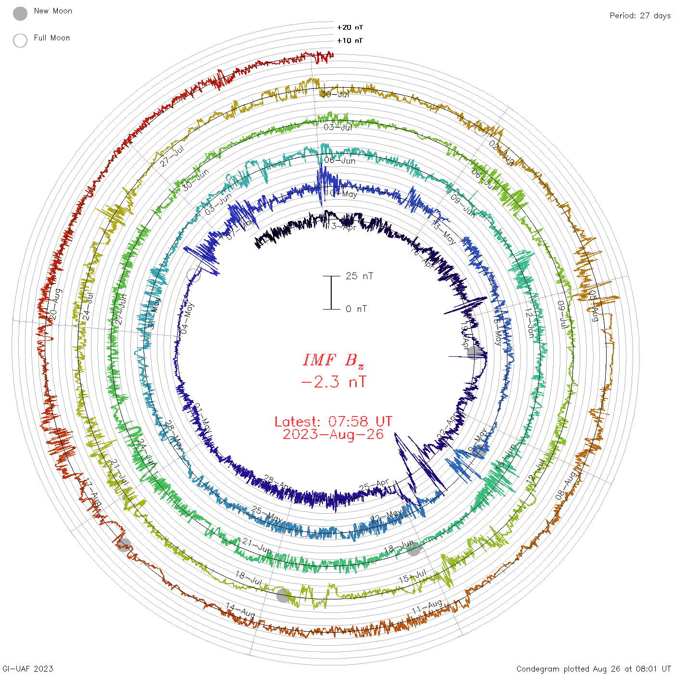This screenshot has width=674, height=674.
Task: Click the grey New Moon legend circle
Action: [x=20, y=13]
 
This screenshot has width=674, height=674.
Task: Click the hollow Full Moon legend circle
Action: [x=20, y=40]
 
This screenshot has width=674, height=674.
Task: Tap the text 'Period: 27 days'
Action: [x=640, y=15]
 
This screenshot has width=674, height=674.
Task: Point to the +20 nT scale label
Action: [x=350, y=27]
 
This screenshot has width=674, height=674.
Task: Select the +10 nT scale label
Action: [x=350, y=40]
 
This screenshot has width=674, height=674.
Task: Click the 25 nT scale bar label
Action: [x=359, y=276]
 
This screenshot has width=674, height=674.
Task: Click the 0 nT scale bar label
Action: [x=356, y=309]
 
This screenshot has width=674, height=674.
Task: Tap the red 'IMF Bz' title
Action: [x=333, y=360]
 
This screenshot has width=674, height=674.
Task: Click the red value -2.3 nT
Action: [x=333, y=382]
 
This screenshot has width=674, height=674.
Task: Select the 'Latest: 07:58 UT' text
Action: [x=333, y=421]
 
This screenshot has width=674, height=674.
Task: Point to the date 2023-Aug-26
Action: [x=333, y=434]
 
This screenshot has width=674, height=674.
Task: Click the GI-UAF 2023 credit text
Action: [x=28, y=668]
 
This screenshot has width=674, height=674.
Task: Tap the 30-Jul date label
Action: [x=335, y=94]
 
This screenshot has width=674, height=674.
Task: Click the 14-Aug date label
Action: [x=240, y=610]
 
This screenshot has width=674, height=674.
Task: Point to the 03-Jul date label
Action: [x=338, y=127]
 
